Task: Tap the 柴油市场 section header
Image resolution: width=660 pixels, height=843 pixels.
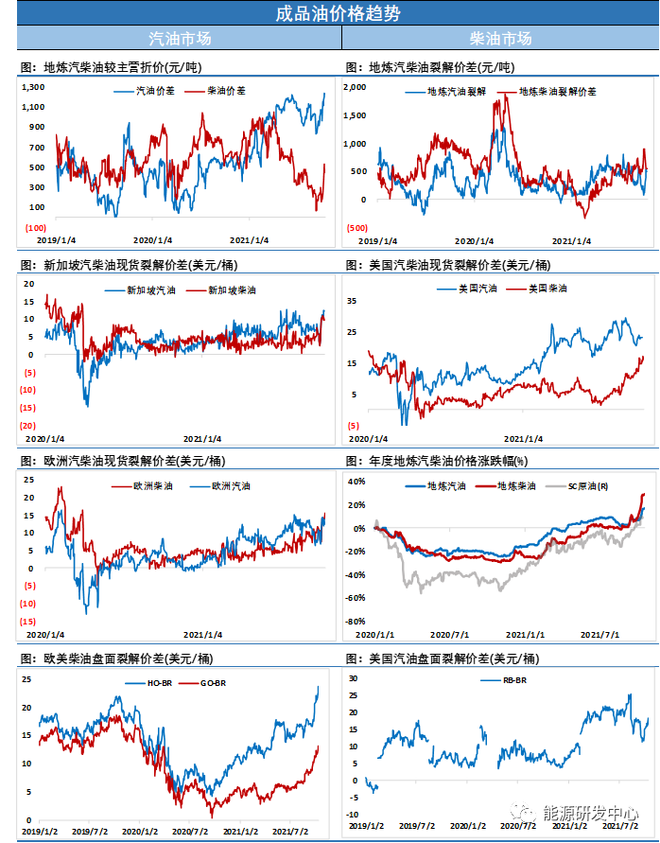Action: (x=500, y=39)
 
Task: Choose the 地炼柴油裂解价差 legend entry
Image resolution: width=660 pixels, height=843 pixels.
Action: (x=558, y=92)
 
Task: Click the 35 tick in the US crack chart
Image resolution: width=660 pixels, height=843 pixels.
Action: (x=352, y=301)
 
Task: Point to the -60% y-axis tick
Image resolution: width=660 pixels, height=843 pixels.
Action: (x=355, y=598)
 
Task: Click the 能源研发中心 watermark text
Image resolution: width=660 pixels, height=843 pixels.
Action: (x=589, y=814)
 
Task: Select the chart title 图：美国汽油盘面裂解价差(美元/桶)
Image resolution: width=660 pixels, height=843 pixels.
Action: (x=443, y=659)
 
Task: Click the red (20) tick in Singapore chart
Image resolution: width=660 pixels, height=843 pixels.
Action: (x=28, y=426)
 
